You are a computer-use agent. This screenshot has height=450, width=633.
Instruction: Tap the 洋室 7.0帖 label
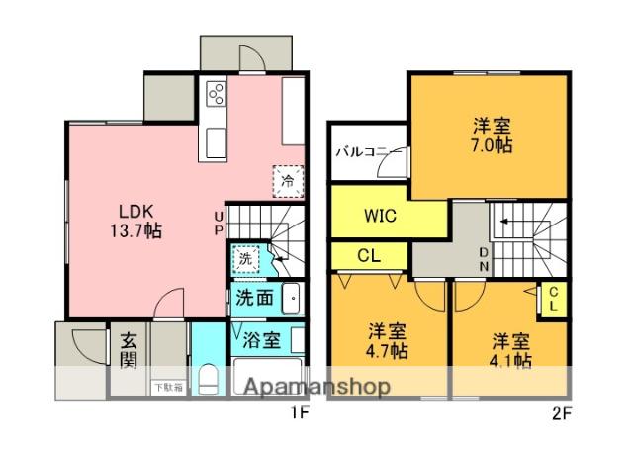pos(492,135)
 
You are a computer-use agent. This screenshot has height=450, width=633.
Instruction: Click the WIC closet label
pos(380,216)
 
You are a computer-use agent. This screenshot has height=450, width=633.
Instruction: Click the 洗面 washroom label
pos(254,296)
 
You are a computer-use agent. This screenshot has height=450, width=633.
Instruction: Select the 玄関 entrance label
pos(129,349)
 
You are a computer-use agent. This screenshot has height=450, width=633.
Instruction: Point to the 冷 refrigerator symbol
pos(287,180)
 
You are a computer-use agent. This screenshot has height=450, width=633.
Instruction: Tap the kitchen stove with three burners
pos(216,95)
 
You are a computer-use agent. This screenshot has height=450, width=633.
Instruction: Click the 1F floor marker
pos(302,414)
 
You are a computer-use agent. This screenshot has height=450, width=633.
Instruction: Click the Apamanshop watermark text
pos(314,386)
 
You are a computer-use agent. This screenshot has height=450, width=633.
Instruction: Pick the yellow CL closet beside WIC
pos(368,255)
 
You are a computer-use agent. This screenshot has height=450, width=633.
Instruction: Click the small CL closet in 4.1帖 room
pos(554,298)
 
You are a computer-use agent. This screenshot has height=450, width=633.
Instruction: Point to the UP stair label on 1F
pos(220,223)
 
